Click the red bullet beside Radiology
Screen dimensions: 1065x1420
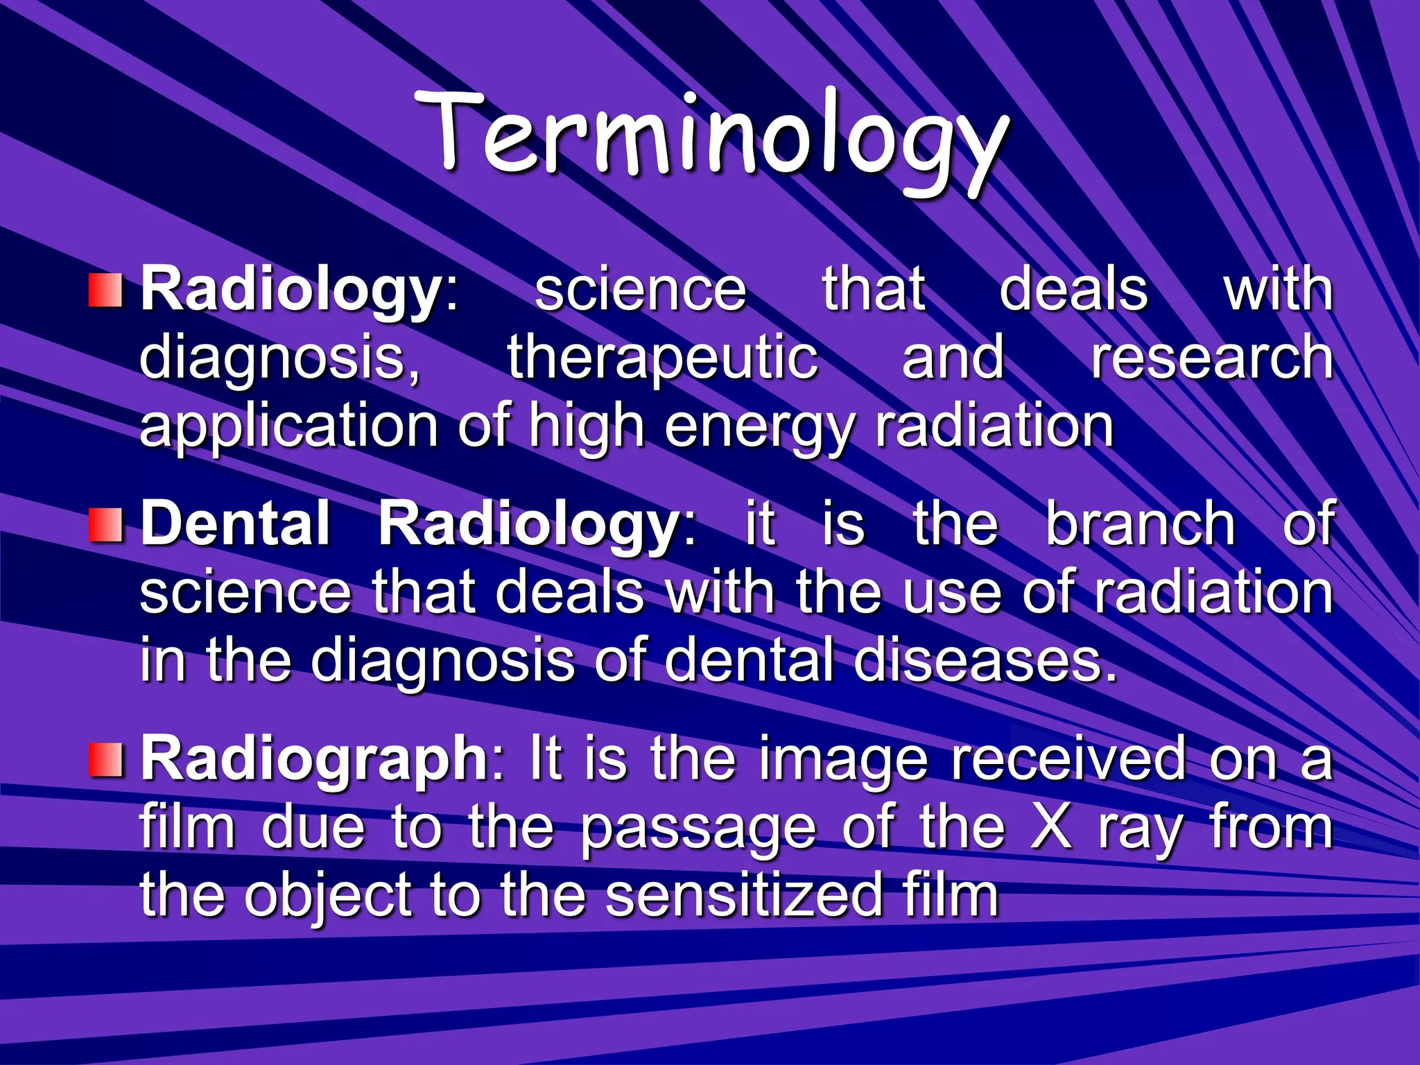[105, 291]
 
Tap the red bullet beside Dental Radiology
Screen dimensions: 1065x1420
[105, 525]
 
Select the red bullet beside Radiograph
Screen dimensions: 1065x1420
[105, 759]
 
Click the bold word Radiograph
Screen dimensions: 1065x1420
[315, 761]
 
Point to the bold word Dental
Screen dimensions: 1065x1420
[236, 525]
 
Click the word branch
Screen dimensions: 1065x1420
[1140, 525]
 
